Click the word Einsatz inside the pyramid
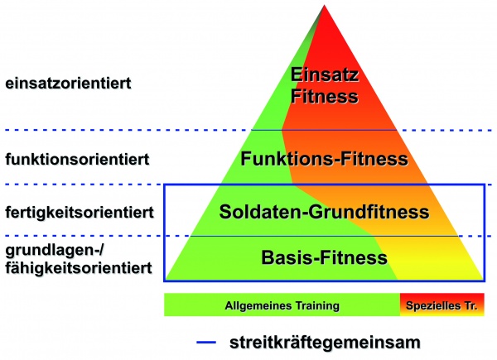pos(324,76)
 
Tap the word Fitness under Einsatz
pos(324,96)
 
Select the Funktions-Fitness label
pos(324,157)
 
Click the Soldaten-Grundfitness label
pos(324,211)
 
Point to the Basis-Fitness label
pos(324,257)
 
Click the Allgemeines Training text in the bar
pos(282,305)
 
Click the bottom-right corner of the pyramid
pos(484,281)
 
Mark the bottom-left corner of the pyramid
pos(165,281)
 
